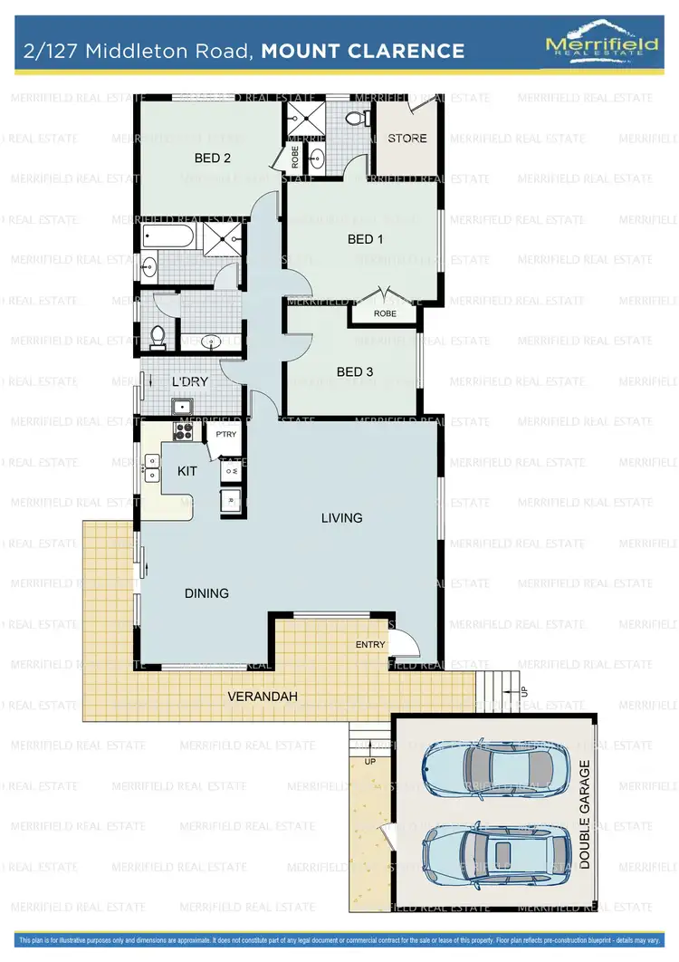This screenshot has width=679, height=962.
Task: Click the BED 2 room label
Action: [x=214, y=158]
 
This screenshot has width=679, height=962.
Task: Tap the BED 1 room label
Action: [x=361, y=239]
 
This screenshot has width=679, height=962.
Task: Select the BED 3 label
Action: [x=355, y=371]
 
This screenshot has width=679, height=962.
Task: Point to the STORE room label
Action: [x=406, y=139]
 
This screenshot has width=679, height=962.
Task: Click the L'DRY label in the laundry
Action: [x=191, y=382]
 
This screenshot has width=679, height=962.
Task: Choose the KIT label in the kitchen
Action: [x=186, y=471]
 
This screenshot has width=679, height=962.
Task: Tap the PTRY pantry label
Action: [x=225, y=435]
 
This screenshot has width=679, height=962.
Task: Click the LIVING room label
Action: [x=342, y=518]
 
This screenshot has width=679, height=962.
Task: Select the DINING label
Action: [x=206, y=593]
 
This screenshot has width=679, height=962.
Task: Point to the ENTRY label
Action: [x=370, y=645]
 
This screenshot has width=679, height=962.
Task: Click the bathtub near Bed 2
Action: [x=168, y=239]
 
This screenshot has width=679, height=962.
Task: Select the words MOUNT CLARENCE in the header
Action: [x=362, y=51]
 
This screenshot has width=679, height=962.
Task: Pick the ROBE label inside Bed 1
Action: [x=385, y=313]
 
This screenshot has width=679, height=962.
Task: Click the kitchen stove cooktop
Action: [x=184, y=430]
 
